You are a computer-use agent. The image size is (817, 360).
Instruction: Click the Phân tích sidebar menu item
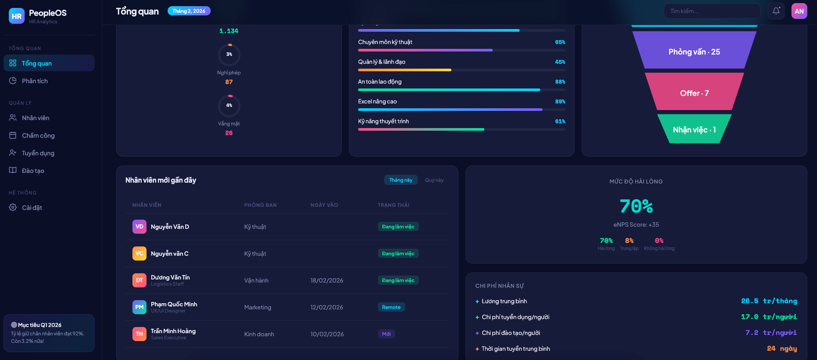click(35, 81)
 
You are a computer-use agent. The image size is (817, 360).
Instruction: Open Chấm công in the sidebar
click(38, 136)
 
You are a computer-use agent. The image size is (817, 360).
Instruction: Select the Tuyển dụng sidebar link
click(38, 153)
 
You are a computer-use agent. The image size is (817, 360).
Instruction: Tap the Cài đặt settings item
click(32, 208)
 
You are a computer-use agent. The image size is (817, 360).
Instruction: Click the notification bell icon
click(776, 11)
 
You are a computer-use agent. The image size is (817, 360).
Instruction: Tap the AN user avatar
click(799, 11)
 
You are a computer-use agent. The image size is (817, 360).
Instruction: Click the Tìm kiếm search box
click(712, 11)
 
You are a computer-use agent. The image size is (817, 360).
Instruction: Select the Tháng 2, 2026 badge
click(189, 11)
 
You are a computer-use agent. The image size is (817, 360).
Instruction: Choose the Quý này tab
click(434, 180)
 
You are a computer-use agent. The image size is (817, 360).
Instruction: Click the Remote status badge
click(391, 307)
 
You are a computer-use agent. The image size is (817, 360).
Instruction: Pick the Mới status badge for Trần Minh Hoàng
click(386, 334)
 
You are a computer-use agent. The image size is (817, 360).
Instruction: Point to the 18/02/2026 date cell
click(326, 280)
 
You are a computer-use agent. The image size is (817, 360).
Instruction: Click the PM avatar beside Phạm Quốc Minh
click(139, 307)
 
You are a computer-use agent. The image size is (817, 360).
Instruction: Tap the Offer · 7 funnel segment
click(694, 93)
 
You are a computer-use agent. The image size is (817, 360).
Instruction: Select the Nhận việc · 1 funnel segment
click(694, 129)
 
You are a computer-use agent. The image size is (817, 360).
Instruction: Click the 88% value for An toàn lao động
click(560, 82)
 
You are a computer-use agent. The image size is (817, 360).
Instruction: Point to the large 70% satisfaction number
click(636, 206)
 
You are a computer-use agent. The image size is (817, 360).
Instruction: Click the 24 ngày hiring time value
click(781, 349)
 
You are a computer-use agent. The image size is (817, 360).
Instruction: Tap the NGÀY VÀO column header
click(324, 205)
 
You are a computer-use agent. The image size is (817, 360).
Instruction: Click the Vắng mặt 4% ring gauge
click(229, 106)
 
